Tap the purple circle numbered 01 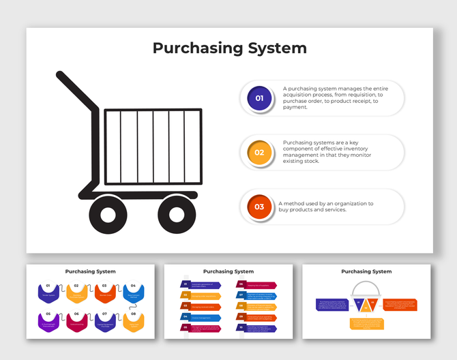259,98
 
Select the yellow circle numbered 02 259,153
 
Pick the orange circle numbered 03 259,207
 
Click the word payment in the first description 295,107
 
